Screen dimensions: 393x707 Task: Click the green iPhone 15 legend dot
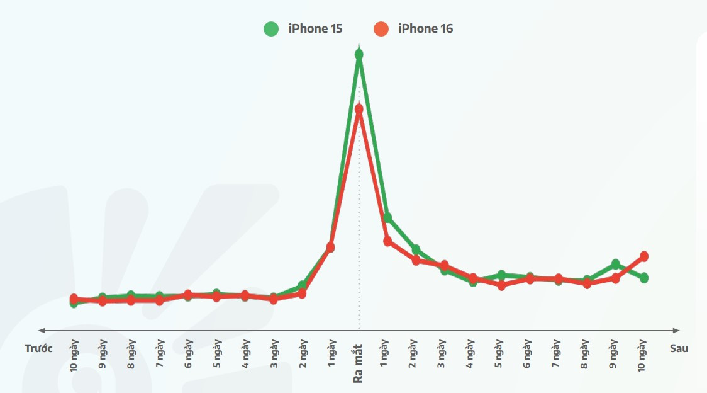tap(271, 29)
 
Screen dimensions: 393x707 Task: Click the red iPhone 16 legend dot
tap(381, 29)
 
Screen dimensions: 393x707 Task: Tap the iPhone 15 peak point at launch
tap(359, 55)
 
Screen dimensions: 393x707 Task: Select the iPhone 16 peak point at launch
tap(359, 109)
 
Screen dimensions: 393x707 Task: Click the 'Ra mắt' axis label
tap(358, 362)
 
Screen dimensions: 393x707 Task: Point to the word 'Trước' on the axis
tap(38, 348)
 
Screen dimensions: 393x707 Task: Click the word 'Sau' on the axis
tap(679, 348)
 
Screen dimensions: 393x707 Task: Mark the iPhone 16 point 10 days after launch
tap(644, 256)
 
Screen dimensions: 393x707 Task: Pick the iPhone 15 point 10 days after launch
tap(644, 278)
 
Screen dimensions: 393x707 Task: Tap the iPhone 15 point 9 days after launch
tap(615, 264)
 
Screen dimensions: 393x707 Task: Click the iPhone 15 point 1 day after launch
tap(387, 217)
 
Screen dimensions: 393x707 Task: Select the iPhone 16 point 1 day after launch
tap(387, 241)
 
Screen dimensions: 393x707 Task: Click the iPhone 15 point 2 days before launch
tap(302, 286)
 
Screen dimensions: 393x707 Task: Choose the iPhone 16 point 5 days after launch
tap(501, 285)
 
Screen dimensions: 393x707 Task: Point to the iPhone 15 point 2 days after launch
tap(416, 250)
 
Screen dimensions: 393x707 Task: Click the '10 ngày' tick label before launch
tap(74, 355)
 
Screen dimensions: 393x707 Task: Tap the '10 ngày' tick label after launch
tap(643, 355)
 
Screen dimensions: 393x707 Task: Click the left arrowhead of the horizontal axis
tap(42, 330)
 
